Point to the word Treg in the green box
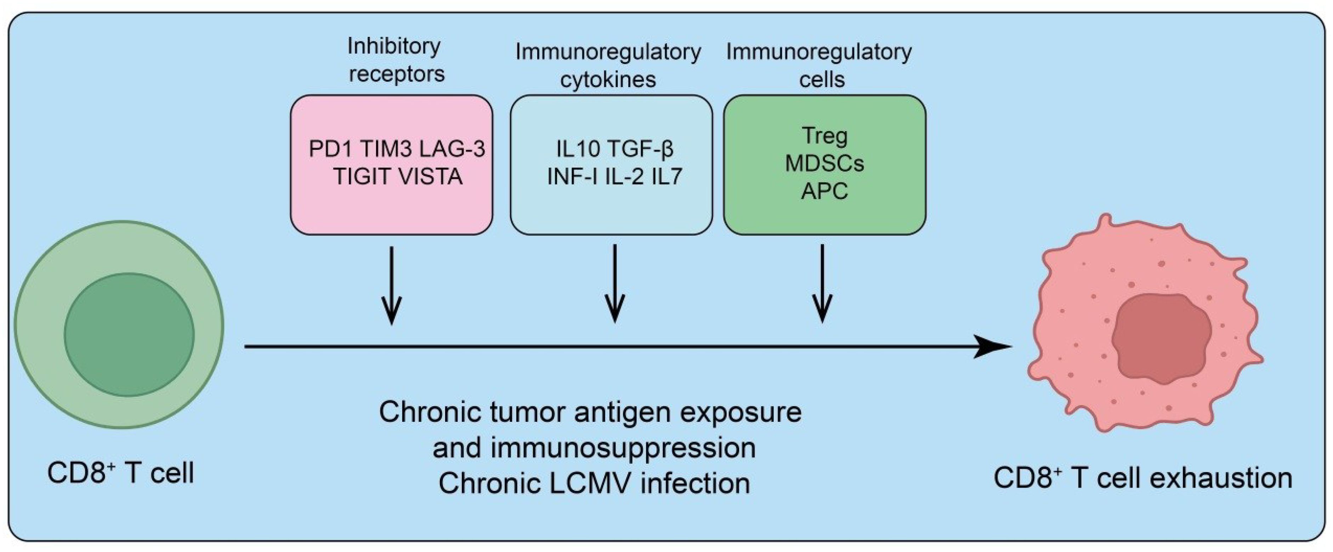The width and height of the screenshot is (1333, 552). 824,136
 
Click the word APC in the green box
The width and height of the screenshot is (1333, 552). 824,191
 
